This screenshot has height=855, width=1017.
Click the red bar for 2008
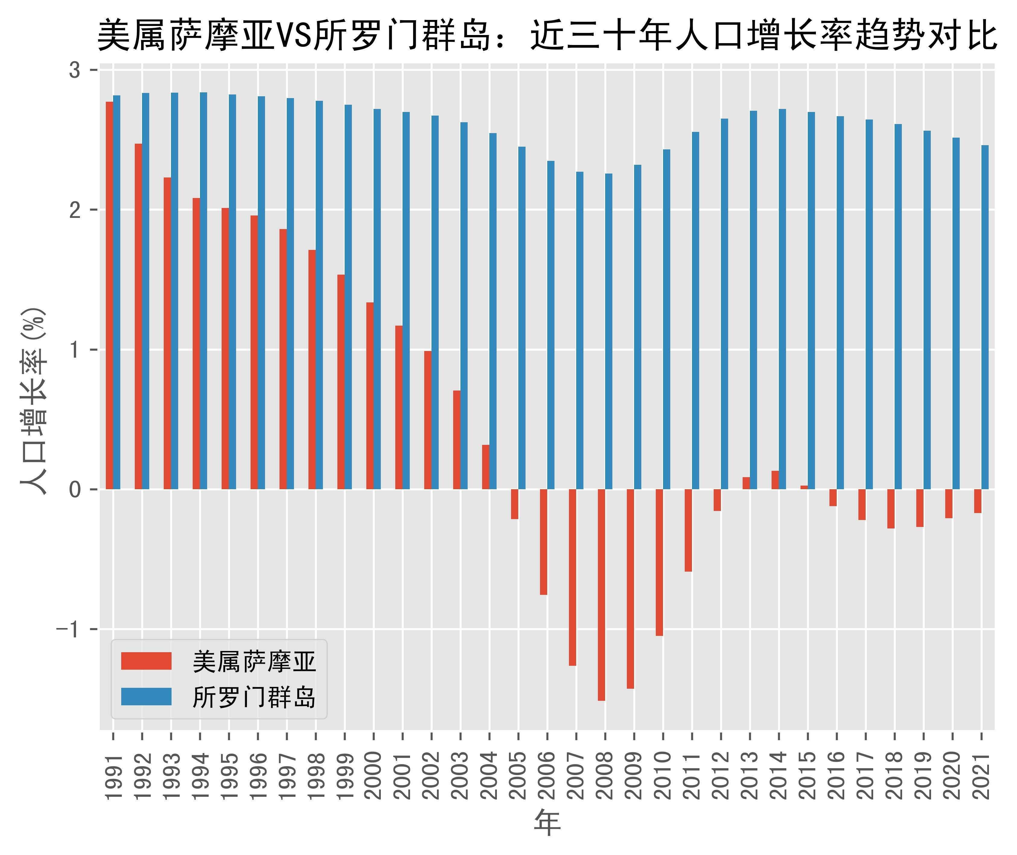[602, 595]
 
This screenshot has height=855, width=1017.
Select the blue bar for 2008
[609, 332]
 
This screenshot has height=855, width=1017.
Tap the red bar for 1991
[109, 296]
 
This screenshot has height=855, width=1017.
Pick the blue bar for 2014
[782, 299]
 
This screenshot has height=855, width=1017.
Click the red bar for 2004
[486, 467]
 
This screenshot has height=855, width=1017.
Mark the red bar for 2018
[891, 509]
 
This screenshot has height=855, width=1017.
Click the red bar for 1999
[341, 382]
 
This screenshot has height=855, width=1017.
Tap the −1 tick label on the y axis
[68, 629]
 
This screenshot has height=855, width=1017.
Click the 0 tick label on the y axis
[75, 490]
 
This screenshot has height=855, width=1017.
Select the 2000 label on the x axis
[374, 776]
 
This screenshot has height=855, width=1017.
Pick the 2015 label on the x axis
[808, 776]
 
